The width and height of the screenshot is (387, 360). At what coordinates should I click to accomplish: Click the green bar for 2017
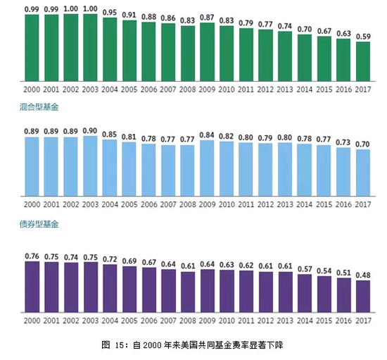362,63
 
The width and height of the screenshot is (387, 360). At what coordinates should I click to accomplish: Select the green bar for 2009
207,53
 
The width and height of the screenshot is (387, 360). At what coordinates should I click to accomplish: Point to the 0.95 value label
110,12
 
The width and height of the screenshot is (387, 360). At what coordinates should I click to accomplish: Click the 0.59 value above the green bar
362,37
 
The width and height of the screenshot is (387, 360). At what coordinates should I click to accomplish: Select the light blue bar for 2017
362,172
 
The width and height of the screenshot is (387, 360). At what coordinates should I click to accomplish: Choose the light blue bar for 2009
207,168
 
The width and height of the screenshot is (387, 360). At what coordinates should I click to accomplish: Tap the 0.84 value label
207,135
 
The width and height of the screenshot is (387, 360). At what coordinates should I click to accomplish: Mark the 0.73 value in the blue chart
343,142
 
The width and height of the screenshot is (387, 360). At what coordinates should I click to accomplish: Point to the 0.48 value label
362,275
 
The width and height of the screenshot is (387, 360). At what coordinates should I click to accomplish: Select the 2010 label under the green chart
227,90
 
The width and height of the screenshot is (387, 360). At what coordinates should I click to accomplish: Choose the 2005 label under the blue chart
129,205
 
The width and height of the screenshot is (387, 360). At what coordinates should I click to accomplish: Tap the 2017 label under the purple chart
362,322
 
